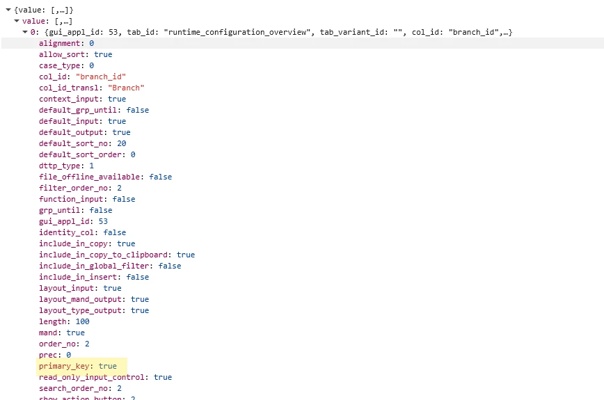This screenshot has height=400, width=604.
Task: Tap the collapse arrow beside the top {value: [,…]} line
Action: point(8,10)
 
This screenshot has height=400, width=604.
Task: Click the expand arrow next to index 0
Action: point(25,33)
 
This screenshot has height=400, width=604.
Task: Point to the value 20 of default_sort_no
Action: point(121,143)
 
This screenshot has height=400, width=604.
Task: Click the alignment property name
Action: point(61,43)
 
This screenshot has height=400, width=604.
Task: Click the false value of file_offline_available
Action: point(160,177)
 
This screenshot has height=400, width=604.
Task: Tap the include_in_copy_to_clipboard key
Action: point(105,255)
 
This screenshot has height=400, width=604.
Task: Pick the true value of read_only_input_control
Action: point(163,377)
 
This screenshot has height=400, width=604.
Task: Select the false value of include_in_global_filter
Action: point(169,266)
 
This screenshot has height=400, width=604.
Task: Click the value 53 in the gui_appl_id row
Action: point(103,221)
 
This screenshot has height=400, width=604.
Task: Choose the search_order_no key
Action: point(73,388)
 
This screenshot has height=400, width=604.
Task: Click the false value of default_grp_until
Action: point(138,110)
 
